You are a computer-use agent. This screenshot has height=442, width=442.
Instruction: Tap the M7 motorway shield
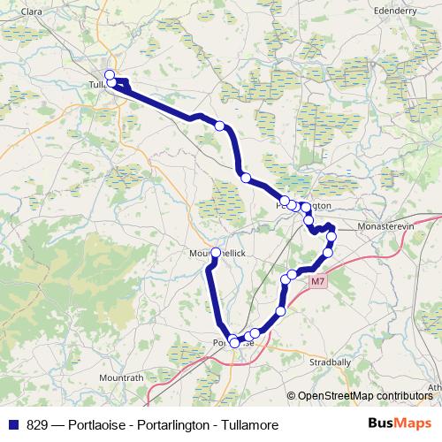[318, 281]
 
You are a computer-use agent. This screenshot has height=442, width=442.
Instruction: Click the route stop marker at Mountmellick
[216, 253]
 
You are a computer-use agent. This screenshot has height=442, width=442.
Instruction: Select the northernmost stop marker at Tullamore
[110, 74]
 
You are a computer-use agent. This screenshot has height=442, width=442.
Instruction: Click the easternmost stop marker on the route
[331, 237]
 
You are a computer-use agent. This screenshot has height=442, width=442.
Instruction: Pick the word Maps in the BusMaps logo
[413, 424]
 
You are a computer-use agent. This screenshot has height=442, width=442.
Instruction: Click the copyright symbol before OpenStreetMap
[292, 395]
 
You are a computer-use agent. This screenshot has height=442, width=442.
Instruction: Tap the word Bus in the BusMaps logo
[380, 424]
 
